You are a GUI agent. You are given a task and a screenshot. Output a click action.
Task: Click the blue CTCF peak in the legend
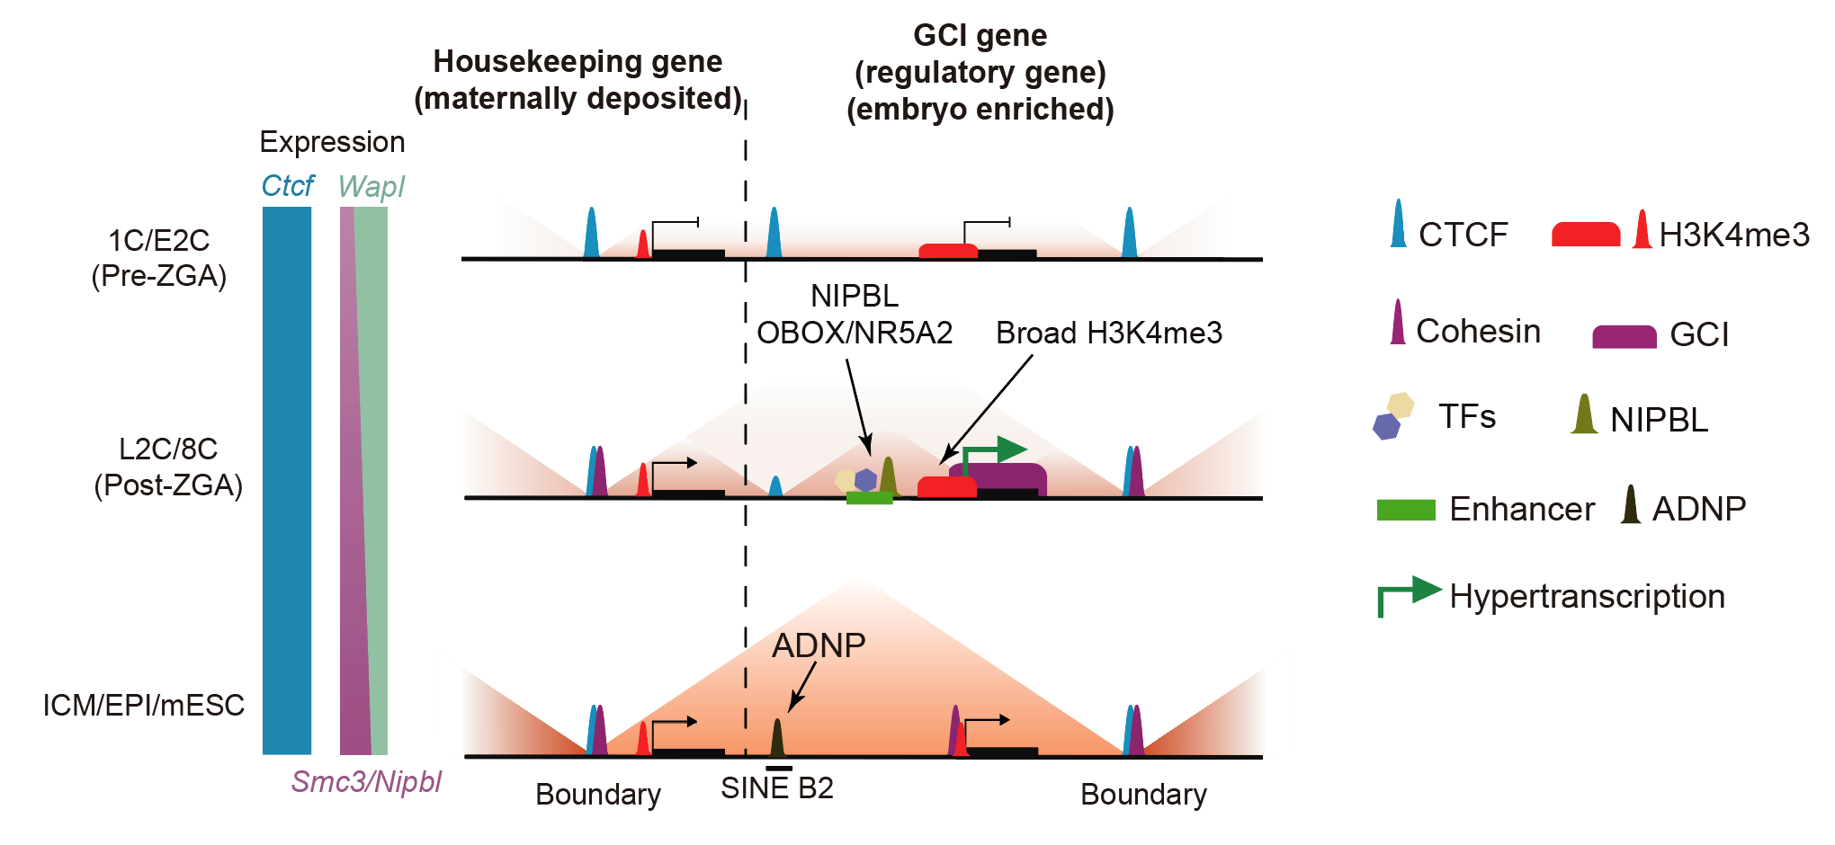[1398, 227]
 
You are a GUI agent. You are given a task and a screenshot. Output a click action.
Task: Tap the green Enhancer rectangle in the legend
[1406, 510]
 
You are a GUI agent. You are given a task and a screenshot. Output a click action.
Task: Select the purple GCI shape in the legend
[1624, 336]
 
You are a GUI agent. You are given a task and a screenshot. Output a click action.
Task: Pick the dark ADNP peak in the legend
[1631, 507]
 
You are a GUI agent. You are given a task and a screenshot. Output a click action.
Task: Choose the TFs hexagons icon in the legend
[1393, 415]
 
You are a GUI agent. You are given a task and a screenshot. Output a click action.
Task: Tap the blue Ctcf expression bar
[287, 480]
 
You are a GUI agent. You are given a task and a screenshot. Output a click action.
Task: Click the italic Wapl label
[371, 186]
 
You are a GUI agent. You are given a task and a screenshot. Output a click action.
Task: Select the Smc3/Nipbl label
[366, 782]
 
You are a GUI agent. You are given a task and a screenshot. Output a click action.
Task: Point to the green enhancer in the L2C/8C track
[869, 498]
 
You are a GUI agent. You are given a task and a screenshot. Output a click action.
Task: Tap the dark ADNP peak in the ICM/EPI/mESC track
[777, 740]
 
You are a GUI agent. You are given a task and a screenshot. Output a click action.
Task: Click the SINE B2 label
[777, 788]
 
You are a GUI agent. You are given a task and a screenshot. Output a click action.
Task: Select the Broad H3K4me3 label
[1109, 334]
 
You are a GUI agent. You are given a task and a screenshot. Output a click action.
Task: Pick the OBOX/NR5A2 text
[855, 334]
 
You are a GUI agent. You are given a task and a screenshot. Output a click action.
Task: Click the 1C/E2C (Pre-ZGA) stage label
[159, 258]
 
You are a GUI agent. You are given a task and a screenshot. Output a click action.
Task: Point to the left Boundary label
[598, 795]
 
